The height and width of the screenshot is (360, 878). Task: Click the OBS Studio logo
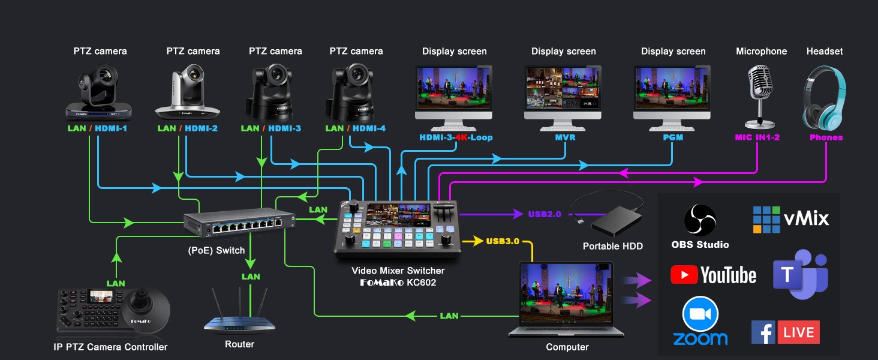coord(700,220)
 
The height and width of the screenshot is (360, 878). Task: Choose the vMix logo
coord(790,219)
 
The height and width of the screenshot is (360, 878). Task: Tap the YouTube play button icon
coord(684,275)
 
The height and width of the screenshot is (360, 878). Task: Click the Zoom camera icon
coord(700,314)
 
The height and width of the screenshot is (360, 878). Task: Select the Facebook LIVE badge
coord(785,332)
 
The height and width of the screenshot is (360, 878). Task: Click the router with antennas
coord(239,315)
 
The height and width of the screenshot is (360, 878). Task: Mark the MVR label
coord(564,137)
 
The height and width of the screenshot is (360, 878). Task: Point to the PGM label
coord(673,137)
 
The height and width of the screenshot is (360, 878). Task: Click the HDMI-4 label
coord(369,128)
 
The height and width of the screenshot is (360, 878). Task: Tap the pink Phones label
coord(826,137)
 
